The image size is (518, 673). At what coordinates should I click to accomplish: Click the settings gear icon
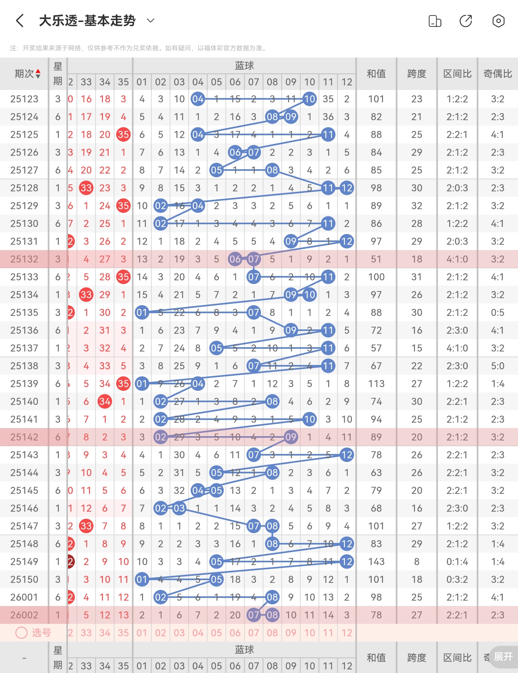coord(498,21)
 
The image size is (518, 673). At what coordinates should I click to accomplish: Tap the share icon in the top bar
coord(466,21)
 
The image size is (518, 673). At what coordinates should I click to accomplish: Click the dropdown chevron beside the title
coord(151,21)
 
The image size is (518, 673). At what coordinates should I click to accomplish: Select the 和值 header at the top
coord(376,74)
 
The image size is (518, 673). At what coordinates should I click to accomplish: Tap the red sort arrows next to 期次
coord(38,74)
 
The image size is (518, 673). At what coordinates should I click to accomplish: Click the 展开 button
coord(503,656)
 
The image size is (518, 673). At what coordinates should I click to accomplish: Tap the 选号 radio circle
coord(21,633)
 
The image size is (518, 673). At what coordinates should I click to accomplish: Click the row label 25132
coord(24,259)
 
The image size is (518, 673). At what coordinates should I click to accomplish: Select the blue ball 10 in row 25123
coord(310,99)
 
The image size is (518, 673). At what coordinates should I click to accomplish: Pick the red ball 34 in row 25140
coord(105,402)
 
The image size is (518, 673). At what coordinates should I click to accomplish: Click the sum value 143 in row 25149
coord(376,562)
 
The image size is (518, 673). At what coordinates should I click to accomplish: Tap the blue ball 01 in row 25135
coord(142,313)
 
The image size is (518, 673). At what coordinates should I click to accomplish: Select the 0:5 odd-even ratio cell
coord(498,313)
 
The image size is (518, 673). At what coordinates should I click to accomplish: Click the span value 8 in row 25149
coord(417,562)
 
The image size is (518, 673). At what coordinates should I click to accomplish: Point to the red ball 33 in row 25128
coord(86,188)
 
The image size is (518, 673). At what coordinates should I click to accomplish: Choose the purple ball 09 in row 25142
coord(291,437)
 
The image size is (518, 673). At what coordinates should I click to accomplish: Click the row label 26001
coord(24,597)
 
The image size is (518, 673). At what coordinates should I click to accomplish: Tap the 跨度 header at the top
coord(417,74)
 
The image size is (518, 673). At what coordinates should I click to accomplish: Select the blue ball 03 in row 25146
coord(179,508)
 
